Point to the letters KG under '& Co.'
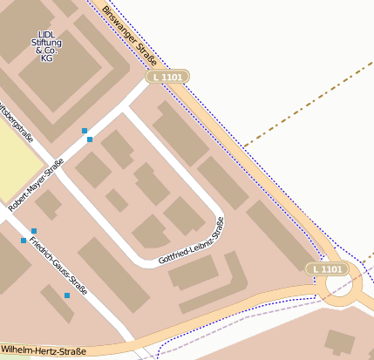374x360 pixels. click(x=47, y=58)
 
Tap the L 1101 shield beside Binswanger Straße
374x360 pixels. click(x=167, y=78)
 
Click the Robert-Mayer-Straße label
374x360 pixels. click(x=36, y=186)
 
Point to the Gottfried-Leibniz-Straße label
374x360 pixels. click(x=193, y=241)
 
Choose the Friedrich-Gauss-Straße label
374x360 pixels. click(x=58, y=261)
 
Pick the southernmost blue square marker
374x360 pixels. click(x=67, y=295)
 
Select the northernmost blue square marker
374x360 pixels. click(x=85, y=131)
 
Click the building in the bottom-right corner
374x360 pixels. click(x=341, y=343)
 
